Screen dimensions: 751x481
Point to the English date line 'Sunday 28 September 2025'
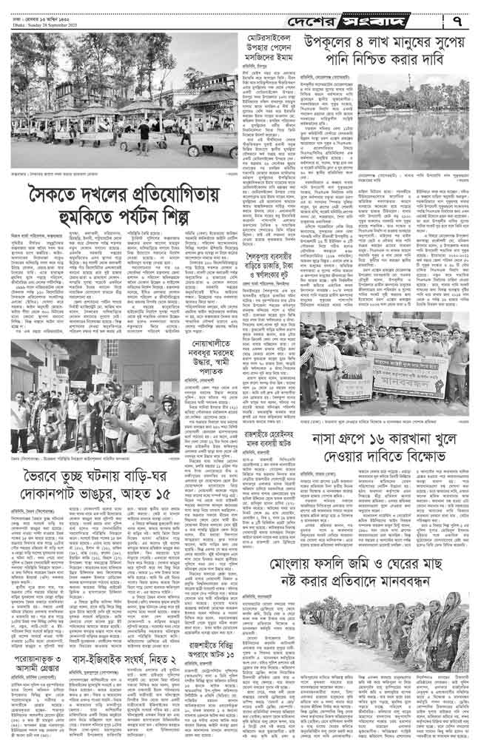point(45,21)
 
